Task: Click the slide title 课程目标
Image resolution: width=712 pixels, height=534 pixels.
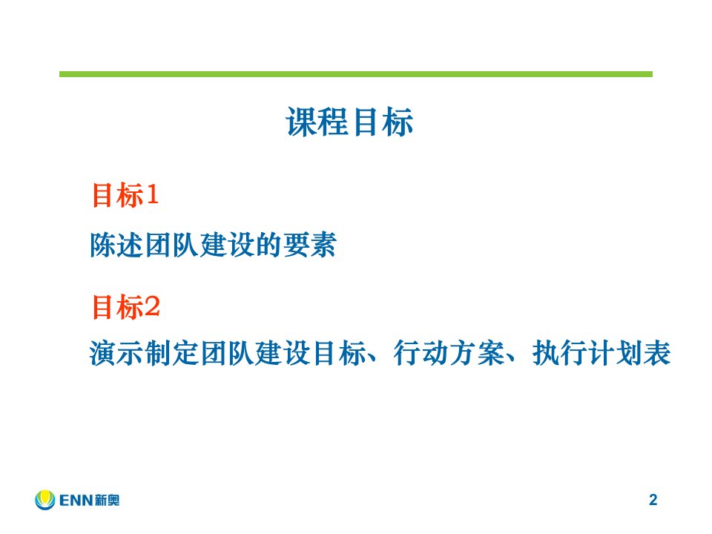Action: [x=349, y=122]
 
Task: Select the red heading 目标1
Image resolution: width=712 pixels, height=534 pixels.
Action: [x=125, y=195]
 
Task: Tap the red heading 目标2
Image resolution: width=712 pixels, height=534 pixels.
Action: [x=126, y=307]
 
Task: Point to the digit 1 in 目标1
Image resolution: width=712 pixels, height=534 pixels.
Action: [x=152, y=194]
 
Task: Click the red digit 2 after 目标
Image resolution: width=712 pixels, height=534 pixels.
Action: [x=151, y=306]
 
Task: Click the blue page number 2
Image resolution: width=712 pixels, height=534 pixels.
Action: [x=653, y=499]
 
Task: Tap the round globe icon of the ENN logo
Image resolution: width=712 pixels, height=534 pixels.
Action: [x=45, y=499]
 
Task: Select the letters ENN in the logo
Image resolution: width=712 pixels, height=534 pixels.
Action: [x=76, y=501]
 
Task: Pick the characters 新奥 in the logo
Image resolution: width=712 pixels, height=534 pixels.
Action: [x=108, y=501]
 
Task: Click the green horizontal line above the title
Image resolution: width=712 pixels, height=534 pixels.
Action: [x=355, y=74]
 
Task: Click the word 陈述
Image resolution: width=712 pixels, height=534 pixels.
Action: [x=117, y=245]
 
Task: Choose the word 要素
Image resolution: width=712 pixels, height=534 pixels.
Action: [x=310, y=245]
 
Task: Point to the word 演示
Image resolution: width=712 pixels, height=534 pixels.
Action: [x=117, y=353]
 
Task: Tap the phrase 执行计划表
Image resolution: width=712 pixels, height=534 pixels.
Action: [x=601, y=353]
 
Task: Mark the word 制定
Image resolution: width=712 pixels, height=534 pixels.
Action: [x=173, y=353]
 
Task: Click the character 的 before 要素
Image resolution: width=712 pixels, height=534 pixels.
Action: [x=268, y=245]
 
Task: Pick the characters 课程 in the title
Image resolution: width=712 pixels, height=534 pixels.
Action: [x=317, y=122]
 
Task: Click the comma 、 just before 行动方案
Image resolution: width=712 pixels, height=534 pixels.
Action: [x=373, y=360]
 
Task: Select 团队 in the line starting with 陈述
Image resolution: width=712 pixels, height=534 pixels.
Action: [x=173, y=245]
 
